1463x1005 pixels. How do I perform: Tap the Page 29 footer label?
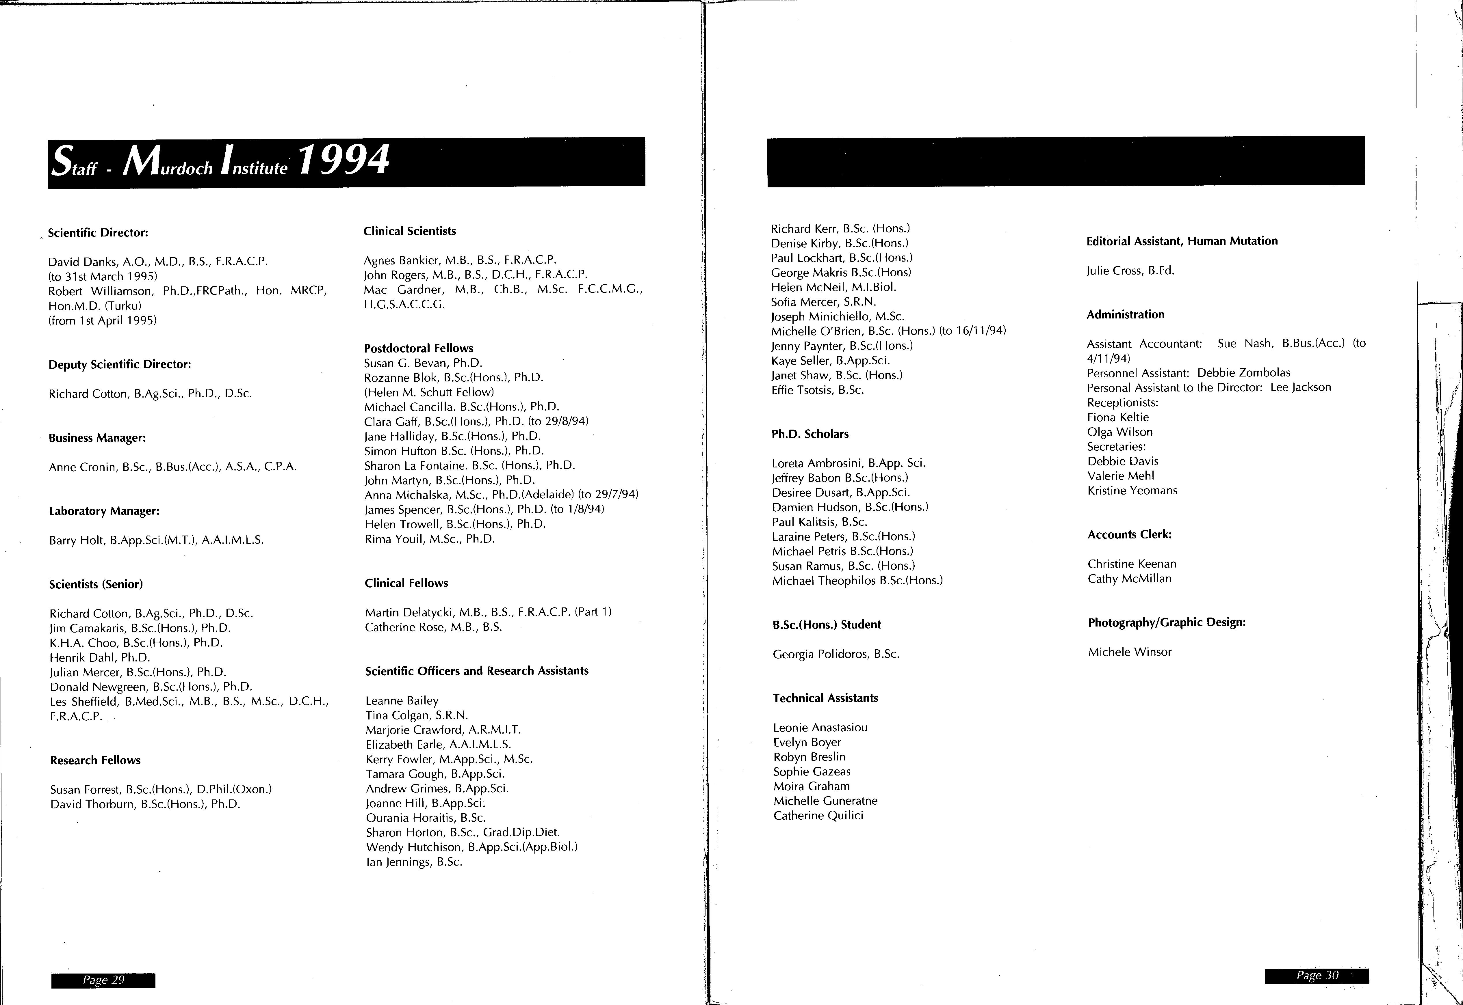tap(103, 980)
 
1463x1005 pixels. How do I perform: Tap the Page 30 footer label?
tap(1317, 975)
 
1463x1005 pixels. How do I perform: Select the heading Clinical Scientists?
tap(410, 231)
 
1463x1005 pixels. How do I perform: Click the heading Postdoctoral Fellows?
tap(418, 348)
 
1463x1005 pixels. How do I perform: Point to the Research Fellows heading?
tap(95, 760)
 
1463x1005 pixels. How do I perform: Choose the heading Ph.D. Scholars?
tap(810, 434)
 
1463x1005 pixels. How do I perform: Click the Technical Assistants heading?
tap(825, 698)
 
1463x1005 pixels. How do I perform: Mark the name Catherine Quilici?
tap(818, 815)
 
